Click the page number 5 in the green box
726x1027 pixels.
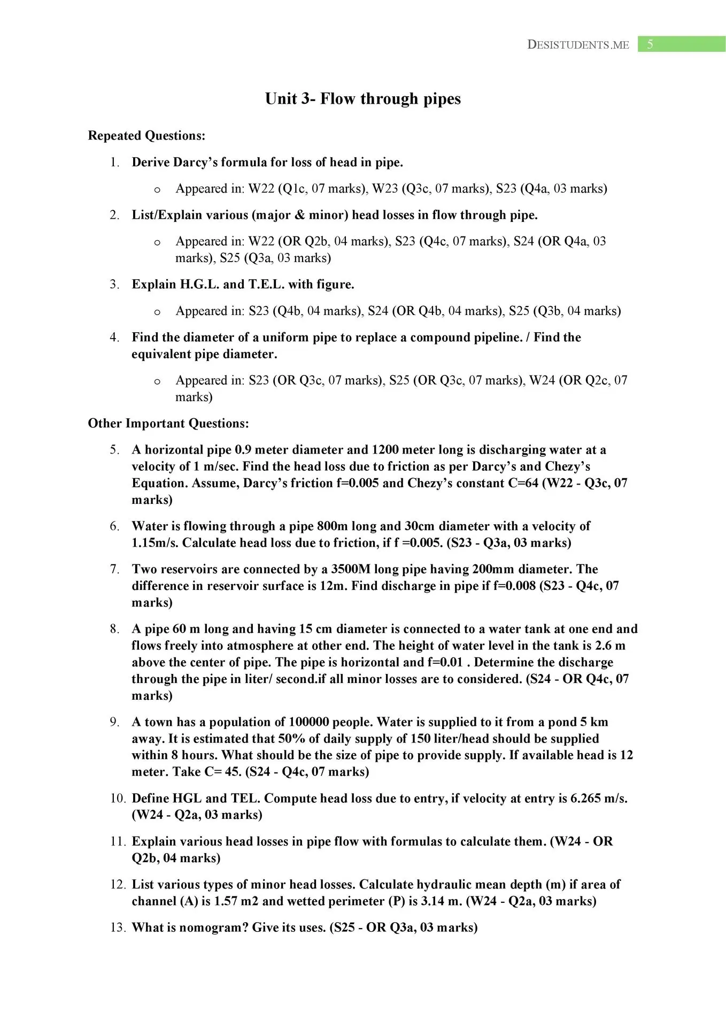(x=650, y=44)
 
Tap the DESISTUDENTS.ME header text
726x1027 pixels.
(x=578, y=45)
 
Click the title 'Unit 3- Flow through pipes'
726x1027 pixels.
(x=362, y=99)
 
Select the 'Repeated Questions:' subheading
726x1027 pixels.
(x=146, y=136)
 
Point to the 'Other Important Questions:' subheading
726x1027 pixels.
(x=168, y=424)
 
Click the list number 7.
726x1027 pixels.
(x=114, y=569)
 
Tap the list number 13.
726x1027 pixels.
(x=118, y=928)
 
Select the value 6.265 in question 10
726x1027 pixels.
(x=585, y=799)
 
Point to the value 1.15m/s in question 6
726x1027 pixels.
(x=155, y=543)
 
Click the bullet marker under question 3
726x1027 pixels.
(x=157, y=312)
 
